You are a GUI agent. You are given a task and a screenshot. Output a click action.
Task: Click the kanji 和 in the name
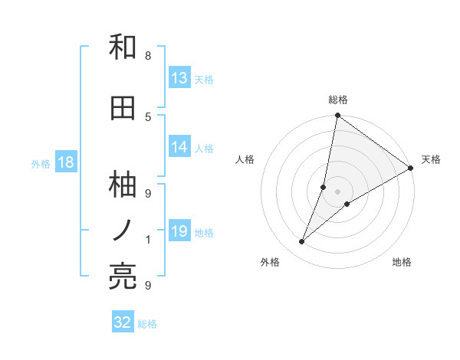123,47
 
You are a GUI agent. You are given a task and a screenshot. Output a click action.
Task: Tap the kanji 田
123,109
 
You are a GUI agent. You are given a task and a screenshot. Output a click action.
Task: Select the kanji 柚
123,185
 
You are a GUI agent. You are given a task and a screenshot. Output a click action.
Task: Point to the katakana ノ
123,229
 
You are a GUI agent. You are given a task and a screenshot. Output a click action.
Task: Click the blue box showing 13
179,78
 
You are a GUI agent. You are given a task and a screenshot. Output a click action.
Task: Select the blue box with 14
179,147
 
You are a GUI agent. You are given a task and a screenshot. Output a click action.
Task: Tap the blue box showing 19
179,231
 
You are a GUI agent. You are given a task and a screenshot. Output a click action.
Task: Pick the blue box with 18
65,162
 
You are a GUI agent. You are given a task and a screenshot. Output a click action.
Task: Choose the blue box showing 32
123,322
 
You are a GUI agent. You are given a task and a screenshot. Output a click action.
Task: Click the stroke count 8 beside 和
148,55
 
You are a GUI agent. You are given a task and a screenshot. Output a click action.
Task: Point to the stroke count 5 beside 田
148,116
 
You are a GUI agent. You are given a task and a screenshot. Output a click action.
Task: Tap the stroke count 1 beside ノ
148,240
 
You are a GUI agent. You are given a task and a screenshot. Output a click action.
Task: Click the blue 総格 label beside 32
148,324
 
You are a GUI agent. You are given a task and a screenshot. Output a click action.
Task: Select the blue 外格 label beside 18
41,163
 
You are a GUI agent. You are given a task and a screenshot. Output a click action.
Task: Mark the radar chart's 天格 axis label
431,159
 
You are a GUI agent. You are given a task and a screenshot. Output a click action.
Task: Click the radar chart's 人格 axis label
245,159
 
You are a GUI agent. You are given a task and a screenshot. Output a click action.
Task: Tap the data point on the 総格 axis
337,116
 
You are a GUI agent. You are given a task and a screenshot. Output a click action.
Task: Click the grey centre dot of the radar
337,191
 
